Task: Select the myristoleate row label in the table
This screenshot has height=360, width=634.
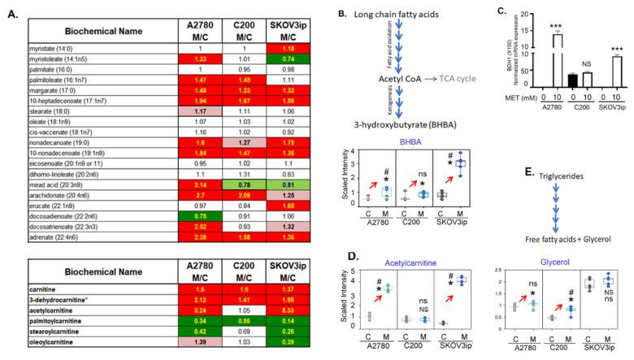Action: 59,60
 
